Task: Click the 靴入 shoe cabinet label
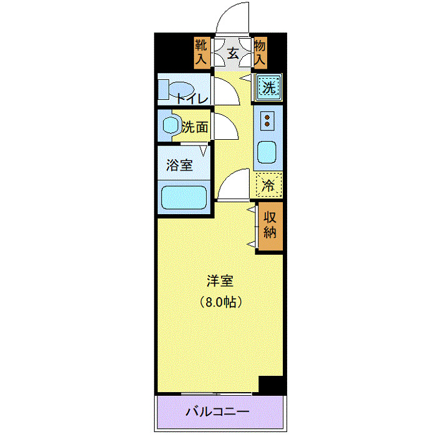click(x=200, y=52)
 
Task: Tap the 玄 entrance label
click(x=233, y=53)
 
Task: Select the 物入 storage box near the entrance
click(x=261, y=52)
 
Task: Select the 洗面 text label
click(x=195, y=127)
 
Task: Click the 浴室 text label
click(x=179, y=165)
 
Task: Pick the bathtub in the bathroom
click(x=184, y=199)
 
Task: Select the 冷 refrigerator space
click(x=268, y=185)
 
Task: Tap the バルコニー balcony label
click(x=218, y=412)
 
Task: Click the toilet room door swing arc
click(x=228, y=91)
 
